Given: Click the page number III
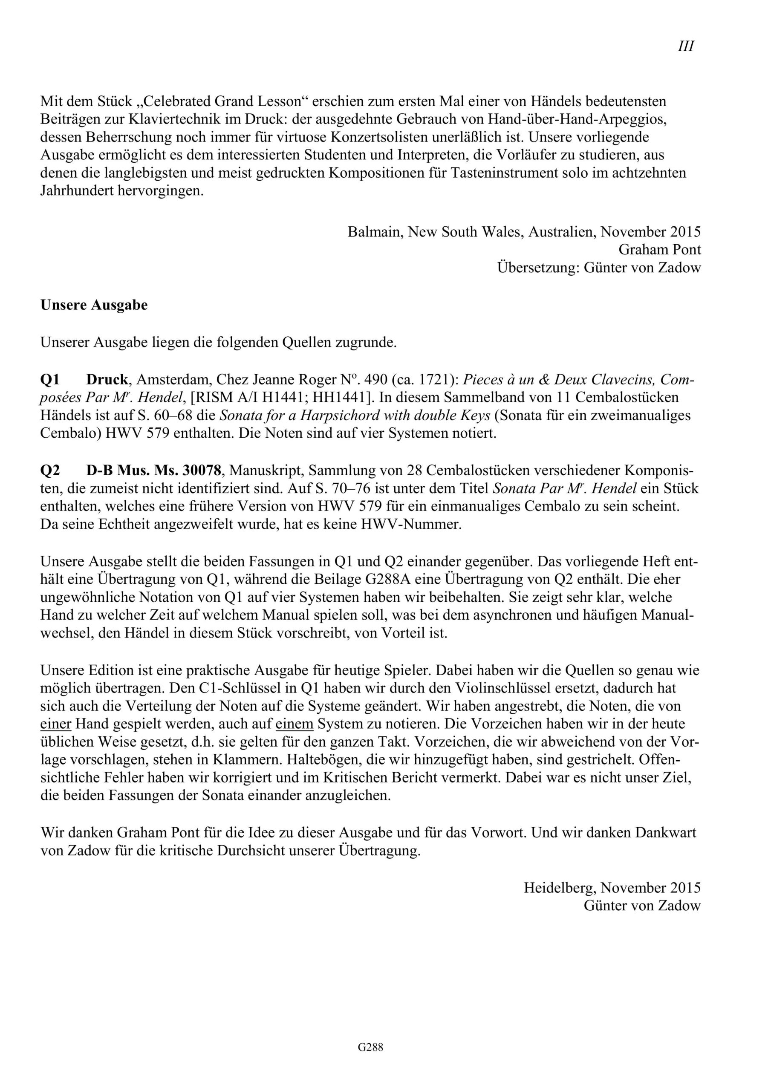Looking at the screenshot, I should [x=686, y=46].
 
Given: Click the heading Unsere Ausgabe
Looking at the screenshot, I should [x=94, y=305].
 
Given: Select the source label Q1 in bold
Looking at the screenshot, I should [x=50, y=380].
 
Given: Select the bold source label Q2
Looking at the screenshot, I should [x=50, y=470].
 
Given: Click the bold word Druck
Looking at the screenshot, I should [x=107, y=380].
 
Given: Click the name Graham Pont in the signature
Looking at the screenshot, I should [x=659, y=249].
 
